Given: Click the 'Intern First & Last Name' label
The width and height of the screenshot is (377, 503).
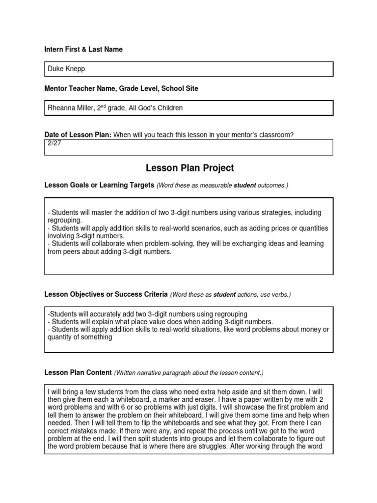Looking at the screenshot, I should (83, 50).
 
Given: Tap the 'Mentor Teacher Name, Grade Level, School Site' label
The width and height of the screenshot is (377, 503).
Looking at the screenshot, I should (121, 88).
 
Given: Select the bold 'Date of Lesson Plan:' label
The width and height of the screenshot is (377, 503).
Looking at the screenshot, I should (78, 135).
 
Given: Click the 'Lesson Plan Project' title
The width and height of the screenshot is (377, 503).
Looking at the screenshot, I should (189, 168).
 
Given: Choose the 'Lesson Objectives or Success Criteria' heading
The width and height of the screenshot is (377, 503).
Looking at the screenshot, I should (106, 295).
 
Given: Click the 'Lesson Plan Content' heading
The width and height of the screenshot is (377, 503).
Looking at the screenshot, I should (78, 373).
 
